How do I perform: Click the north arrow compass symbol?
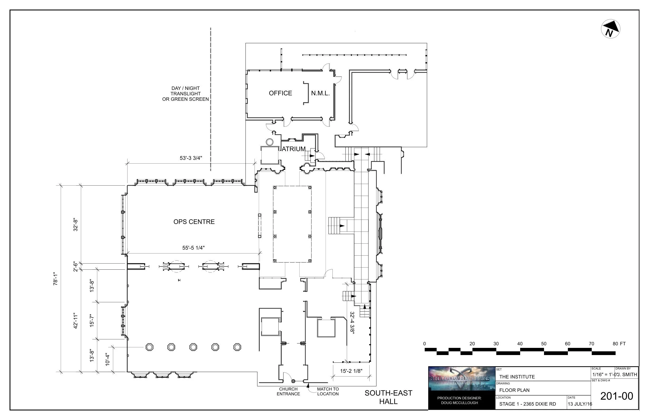pos(610,29)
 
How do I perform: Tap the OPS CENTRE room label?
pos(194,222)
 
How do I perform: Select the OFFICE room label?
pos(280,93)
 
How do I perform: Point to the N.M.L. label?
pos(320,93)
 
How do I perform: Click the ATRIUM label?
pos(293,149)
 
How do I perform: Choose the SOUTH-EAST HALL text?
pos(388,397)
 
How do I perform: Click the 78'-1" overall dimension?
pos(56,278)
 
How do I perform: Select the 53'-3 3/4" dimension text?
pos(191,158)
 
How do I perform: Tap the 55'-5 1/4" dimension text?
pos(193,248)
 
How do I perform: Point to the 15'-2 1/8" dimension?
pos(351,371)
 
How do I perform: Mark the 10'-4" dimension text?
pos(108,360)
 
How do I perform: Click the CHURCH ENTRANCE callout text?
pos(288,391)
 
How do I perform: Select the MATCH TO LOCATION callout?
pos(328,391)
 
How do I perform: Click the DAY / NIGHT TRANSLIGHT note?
pos(185,94)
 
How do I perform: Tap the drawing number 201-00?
pos(617,396)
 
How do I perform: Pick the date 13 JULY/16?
pos(580,404)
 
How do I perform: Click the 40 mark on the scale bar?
pos(520,344)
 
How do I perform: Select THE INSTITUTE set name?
pos(517,377)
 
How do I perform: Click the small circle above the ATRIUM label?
pos(269,142)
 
